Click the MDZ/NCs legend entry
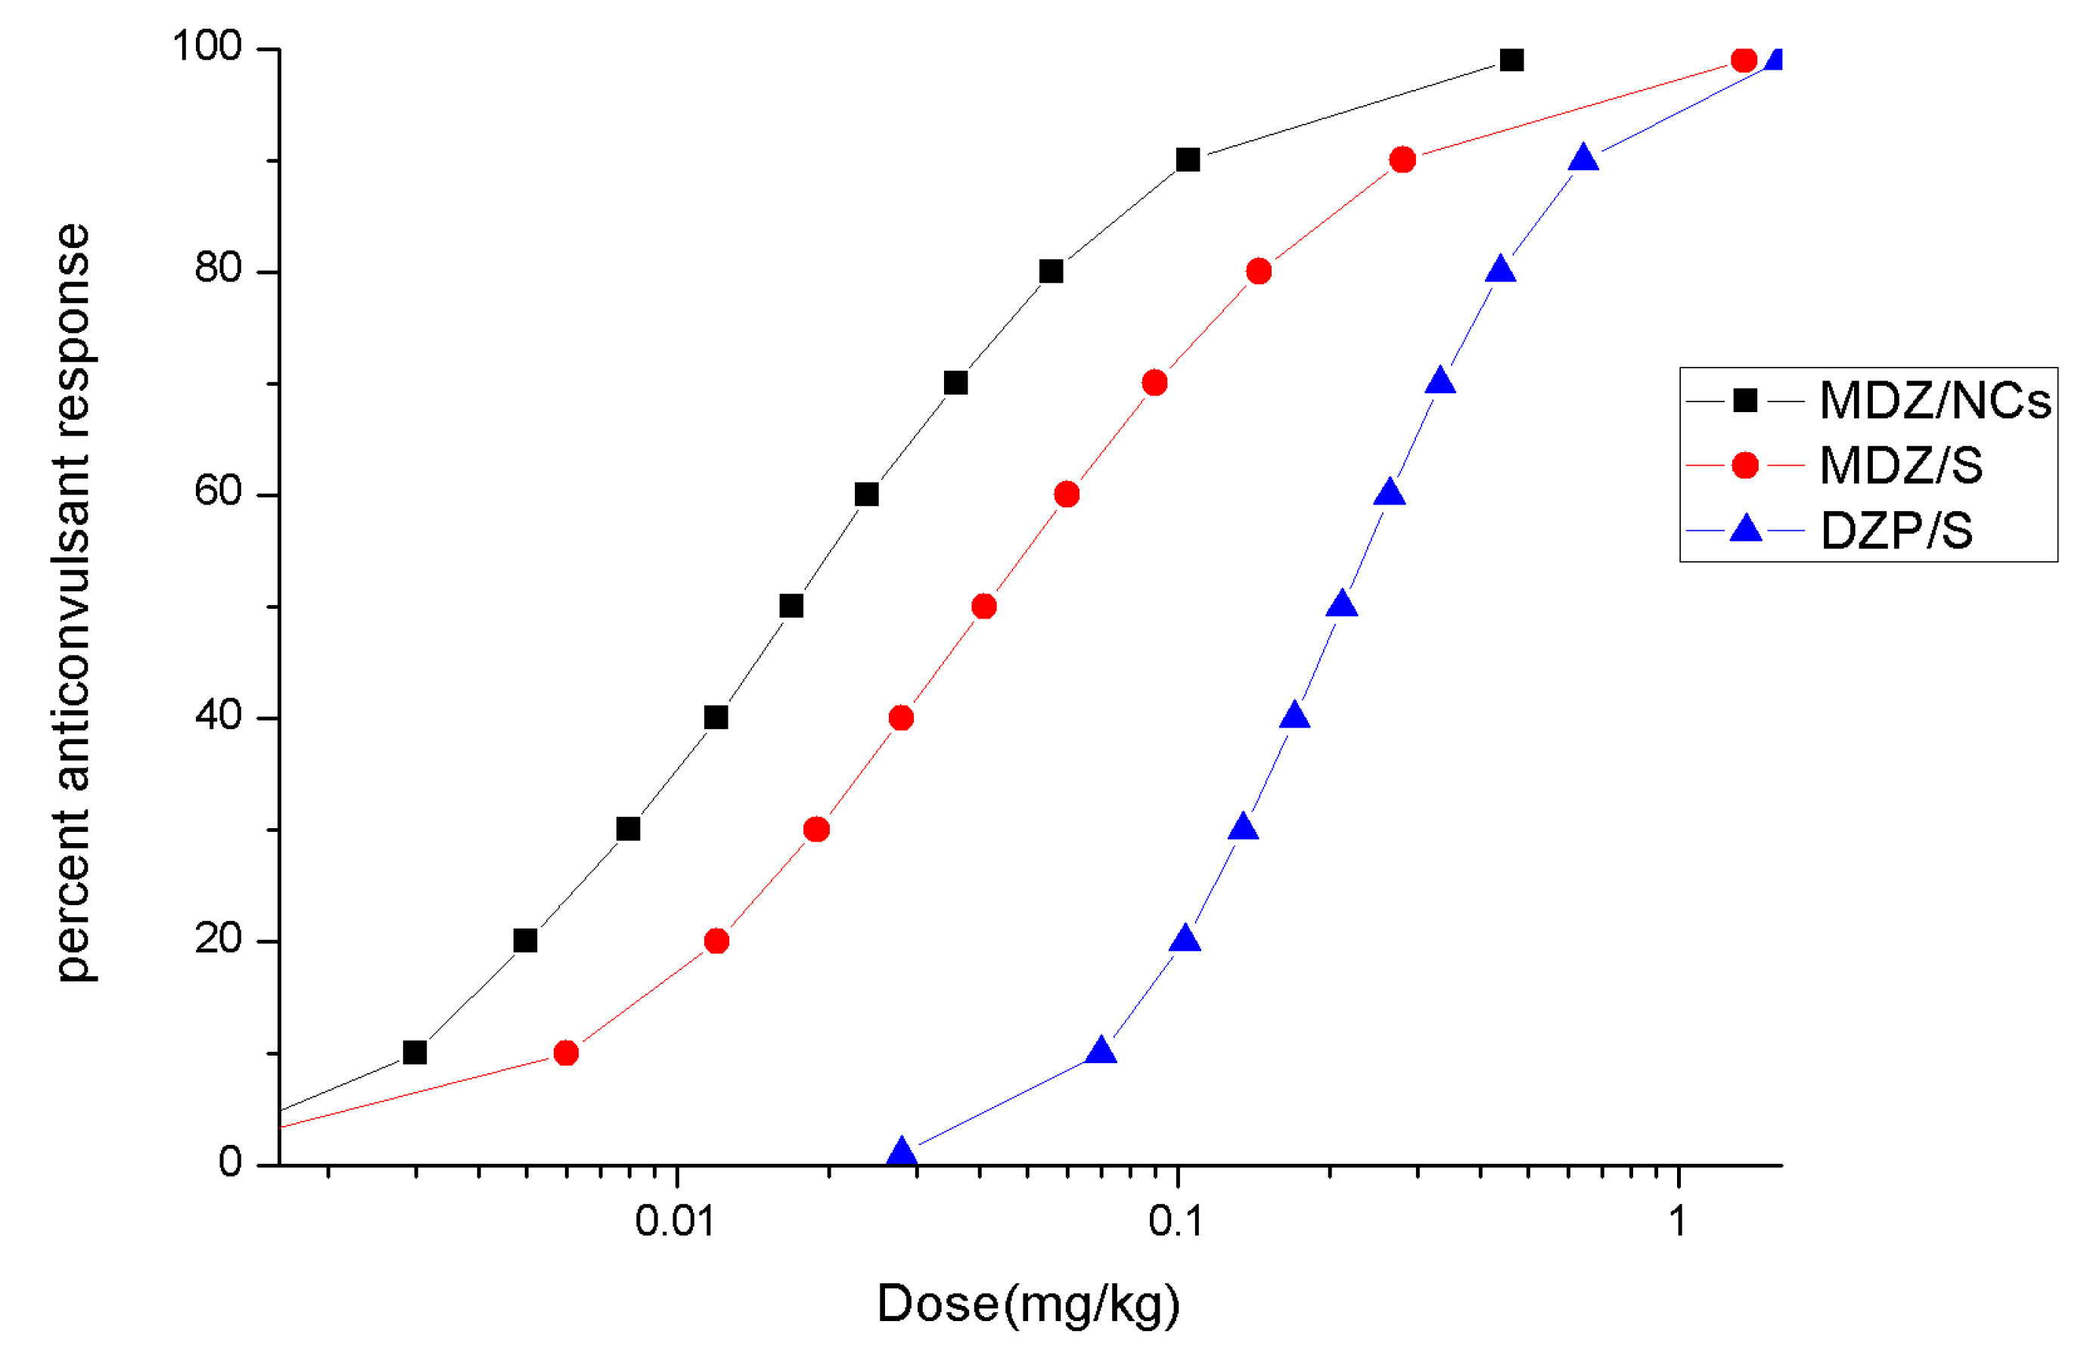click(1934, 401)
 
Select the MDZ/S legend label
click(1901, 465)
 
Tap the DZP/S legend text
click(1896, 531)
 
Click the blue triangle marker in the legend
click(1745, 529)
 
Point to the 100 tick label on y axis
click(207, 46)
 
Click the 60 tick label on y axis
click(218, 492)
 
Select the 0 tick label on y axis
click(230, 1163)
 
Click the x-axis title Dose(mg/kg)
click(1028, 1304)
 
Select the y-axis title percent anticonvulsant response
click(73, 603)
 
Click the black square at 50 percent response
click(790, 606)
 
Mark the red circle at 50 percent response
click(983, 606)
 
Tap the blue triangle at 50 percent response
click(1342, 605)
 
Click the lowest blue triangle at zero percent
click(902, 1153)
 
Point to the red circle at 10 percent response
click(566, 1053)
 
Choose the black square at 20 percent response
click(525, 941)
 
